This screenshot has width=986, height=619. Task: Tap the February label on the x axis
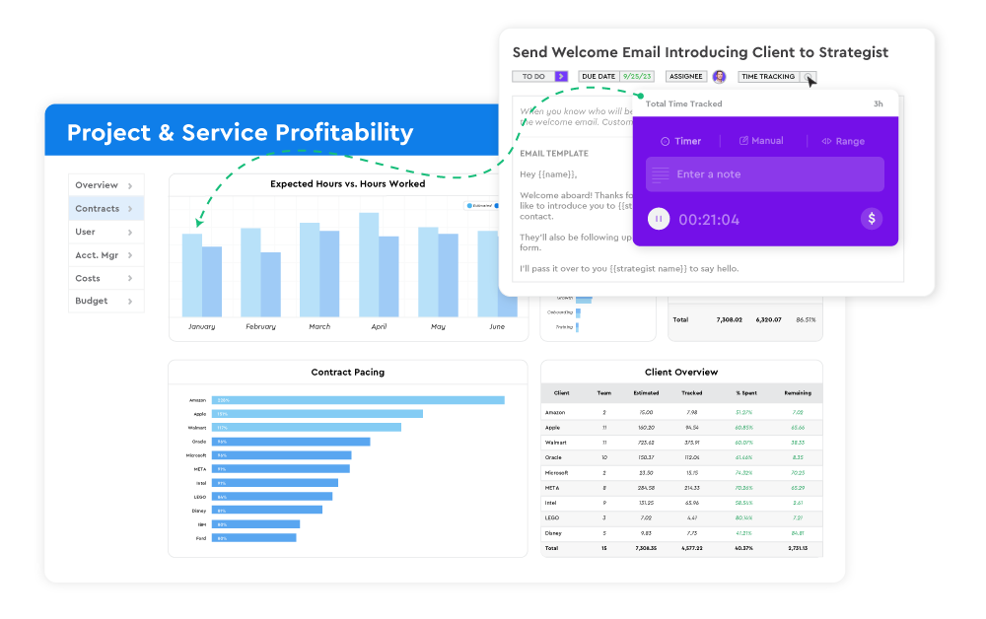point(260,326)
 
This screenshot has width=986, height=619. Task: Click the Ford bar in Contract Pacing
point(255,538)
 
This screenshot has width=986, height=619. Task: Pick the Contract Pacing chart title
point(347,373)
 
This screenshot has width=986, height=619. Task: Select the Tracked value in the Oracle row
point(692,457)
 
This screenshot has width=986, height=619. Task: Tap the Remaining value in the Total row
point(798,547)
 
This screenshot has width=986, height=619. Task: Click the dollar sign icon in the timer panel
point(872,219)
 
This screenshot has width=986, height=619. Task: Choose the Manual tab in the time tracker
point(761,141)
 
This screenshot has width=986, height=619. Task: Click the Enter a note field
point(765,174)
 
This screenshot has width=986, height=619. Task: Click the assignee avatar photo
point(719,77)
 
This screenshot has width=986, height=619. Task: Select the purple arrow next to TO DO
point(561,76)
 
